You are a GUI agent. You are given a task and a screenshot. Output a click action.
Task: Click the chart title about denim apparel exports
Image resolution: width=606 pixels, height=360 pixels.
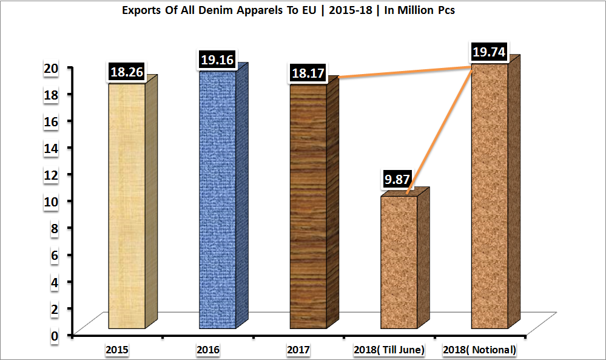[288, 10]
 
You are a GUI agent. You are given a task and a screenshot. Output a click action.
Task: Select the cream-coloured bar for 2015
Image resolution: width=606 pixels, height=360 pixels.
[127, 206]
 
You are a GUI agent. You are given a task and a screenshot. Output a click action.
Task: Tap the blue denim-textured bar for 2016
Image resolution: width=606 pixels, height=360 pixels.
[218, 200]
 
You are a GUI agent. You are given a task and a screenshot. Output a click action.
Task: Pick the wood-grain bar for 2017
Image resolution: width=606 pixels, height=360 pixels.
[308, 206]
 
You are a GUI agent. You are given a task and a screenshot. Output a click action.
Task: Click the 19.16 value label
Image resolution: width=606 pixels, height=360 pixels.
[217, 60]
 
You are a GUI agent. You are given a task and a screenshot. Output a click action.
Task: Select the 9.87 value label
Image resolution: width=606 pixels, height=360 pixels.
[398, 179]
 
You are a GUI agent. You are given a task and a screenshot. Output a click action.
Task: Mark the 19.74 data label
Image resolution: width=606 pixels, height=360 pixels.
[490, 52]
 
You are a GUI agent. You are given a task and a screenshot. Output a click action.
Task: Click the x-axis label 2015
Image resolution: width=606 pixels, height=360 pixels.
[116, 350]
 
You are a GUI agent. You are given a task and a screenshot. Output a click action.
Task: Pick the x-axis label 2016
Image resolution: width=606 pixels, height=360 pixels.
[208, 350]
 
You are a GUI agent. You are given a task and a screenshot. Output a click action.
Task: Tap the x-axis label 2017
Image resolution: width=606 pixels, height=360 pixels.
[298, 350]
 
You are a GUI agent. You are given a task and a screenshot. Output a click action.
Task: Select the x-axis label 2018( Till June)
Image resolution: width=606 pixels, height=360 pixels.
[389, 350]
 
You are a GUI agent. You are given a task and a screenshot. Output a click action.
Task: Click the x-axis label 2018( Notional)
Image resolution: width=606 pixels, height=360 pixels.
[479, 350]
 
